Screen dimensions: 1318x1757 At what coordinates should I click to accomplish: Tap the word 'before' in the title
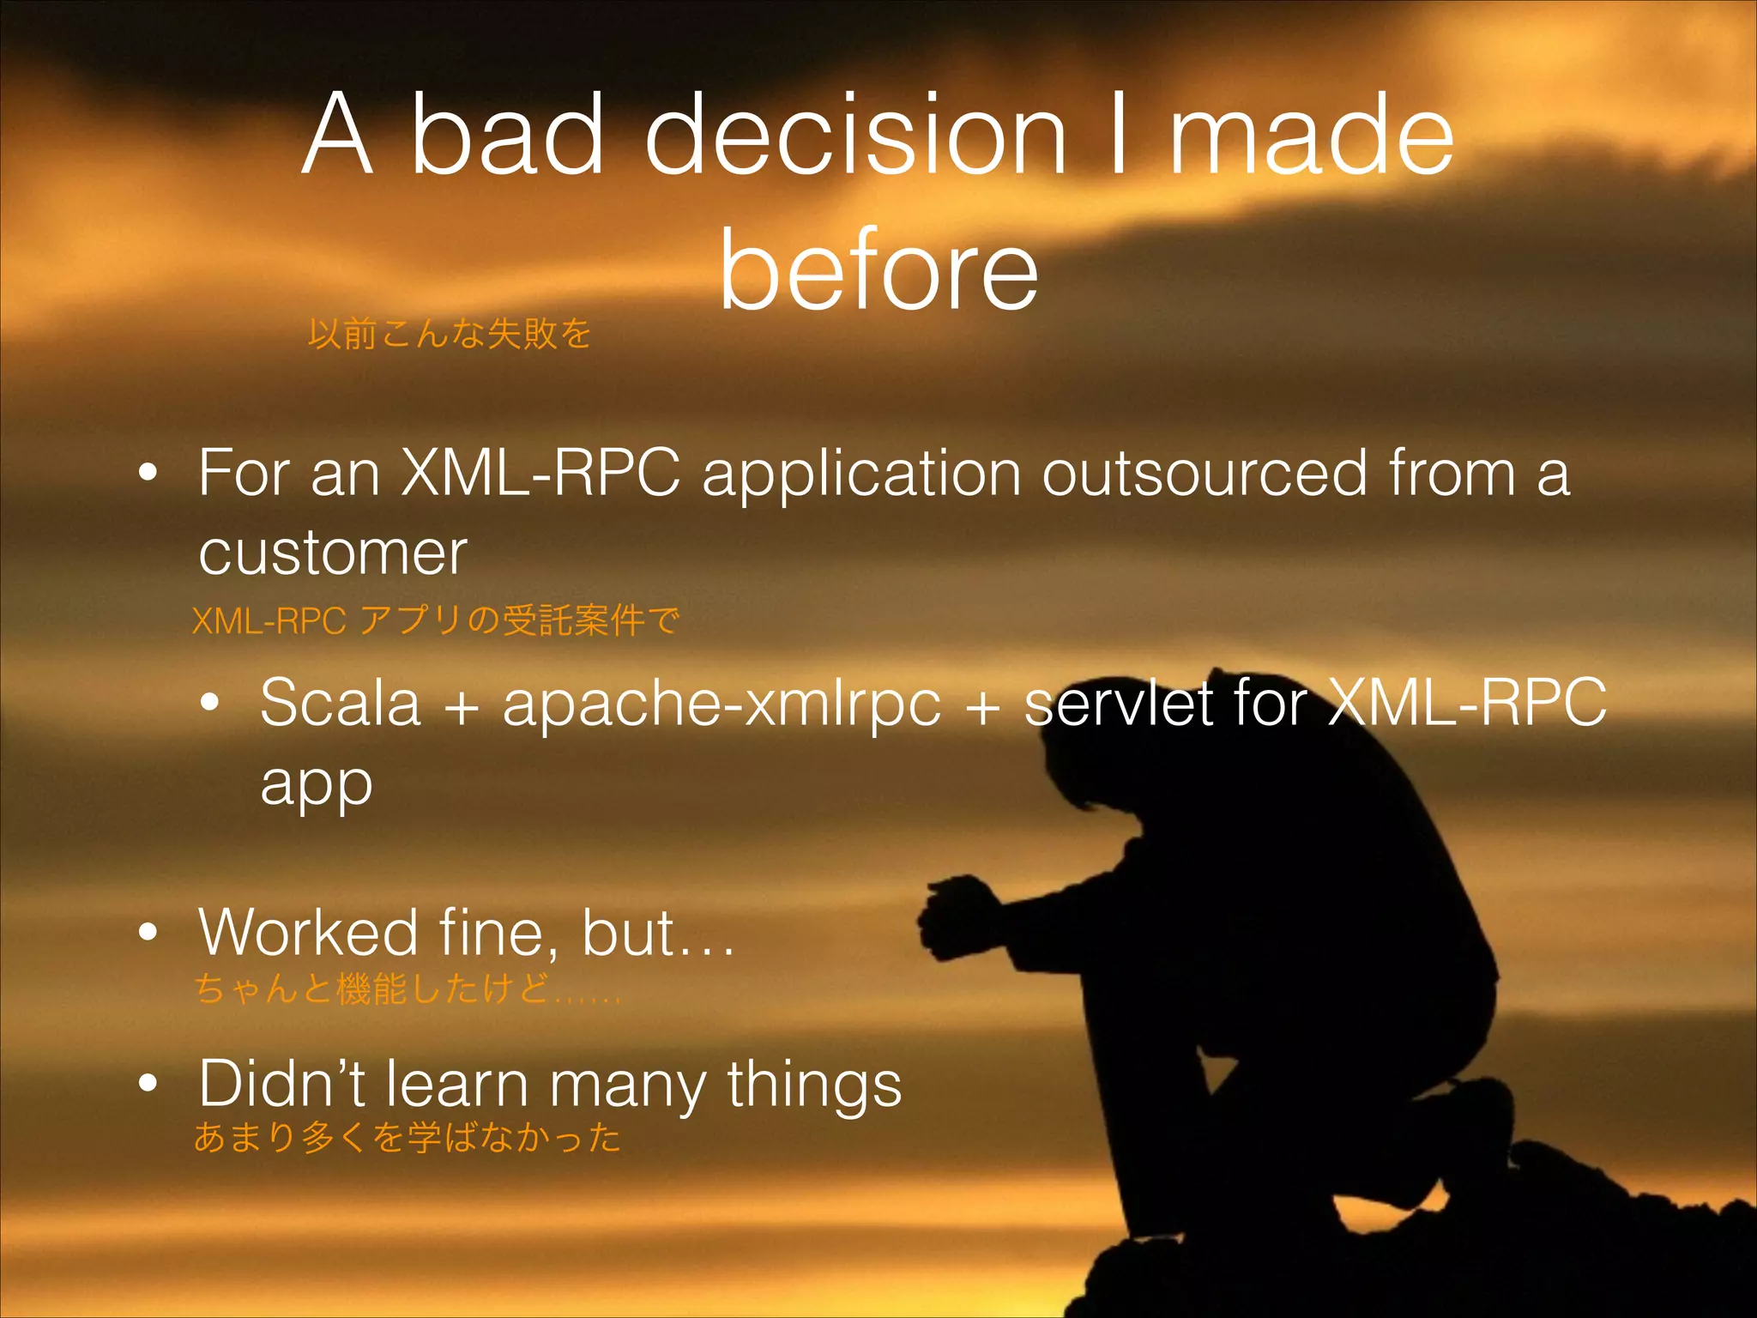[878, 271]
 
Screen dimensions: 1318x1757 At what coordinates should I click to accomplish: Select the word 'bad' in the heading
[507, 136]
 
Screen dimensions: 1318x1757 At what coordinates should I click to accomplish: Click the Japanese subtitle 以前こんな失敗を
[450, 333]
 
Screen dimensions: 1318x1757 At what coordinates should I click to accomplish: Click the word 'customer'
[333, 552]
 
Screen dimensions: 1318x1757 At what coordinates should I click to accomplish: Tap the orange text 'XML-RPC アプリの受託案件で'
[436, 620]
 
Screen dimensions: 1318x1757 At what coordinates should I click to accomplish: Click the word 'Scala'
[341, 703]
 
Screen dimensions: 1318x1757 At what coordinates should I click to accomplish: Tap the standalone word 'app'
[316, 785]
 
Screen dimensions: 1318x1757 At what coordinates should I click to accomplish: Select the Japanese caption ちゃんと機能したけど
[407, 988]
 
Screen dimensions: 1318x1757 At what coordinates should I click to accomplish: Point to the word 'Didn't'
[281, 1083]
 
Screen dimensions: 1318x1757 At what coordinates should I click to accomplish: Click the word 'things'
[814, 1085]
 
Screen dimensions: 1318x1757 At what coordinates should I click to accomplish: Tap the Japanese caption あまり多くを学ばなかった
[407, 1137]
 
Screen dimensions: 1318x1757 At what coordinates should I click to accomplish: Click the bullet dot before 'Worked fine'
[148, 933]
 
